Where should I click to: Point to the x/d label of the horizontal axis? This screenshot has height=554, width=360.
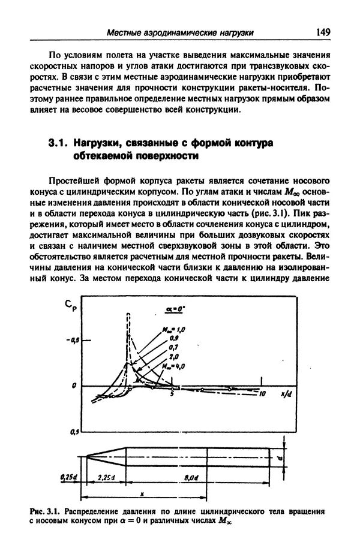click(x=286, y=393)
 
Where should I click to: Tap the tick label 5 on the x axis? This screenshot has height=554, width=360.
click(x=172, y=393)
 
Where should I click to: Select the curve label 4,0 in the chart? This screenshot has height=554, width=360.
click(x=178, y=365)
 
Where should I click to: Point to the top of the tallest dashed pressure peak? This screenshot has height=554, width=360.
click(x=128, y=314)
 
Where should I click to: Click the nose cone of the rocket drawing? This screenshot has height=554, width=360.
click(x=104, y=454)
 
